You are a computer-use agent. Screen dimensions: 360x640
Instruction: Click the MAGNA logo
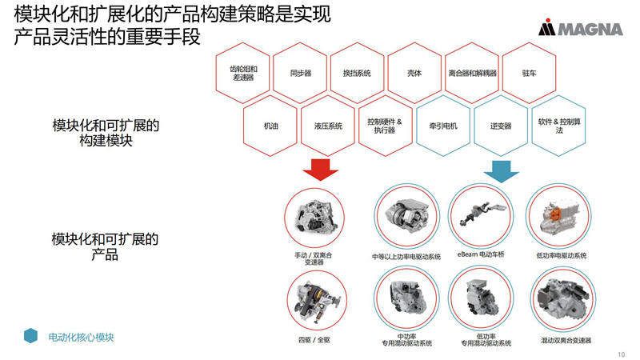pyautogui.click(x=580, y=30)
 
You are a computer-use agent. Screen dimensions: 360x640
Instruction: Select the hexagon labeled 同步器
pyautogui.click(x=301, y=73)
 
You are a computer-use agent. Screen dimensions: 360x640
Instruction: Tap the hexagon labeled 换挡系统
pyautogui.click(x=357, y=73)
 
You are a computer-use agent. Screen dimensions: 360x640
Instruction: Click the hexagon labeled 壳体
pyautogui.click(x=414, y=73)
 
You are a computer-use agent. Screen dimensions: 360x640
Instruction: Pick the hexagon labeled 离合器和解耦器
pyautogui.click(x=471, y=73)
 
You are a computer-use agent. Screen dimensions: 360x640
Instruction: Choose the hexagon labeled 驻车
pyautogui.click(x=528, y=73)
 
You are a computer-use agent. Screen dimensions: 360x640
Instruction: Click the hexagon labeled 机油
pyautogui.click(x=271, y=126)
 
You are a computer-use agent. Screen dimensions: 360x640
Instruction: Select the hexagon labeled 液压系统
pyautogui.click(x=328, y=126)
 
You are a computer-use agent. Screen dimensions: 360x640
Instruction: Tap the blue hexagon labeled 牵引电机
pyautogui.click(x=442, y=126)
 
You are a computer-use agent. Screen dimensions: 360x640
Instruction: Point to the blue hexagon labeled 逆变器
pyautogui.click(x=501, y=126)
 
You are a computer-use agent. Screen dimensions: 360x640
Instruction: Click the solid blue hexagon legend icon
pyautogui.click(x=30, y=337)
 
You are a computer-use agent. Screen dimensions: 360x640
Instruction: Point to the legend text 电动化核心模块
pyautogui.click(x=81, y=337)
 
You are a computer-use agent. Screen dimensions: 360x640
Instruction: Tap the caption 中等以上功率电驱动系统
pyautogui.click(x=406, y=257)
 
